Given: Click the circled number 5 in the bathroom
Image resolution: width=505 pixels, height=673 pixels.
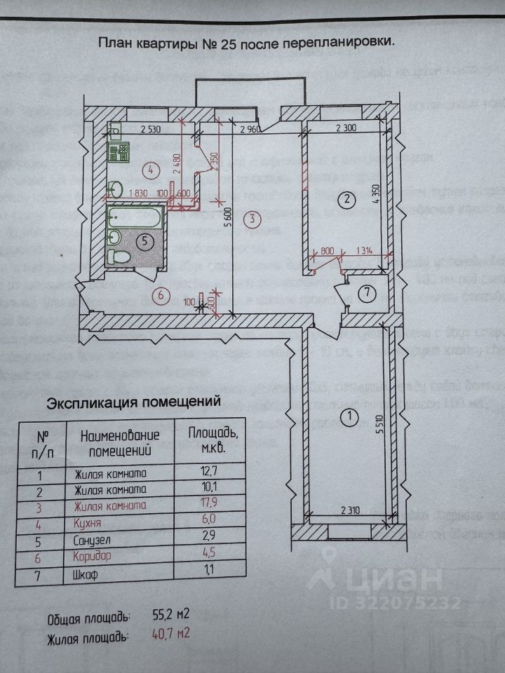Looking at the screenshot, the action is (x=144, y=242).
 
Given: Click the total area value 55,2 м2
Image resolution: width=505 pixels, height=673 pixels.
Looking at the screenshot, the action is (x=171, y=617).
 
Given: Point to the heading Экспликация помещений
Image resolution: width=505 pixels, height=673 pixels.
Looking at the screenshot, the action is (x=133, y=403).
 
